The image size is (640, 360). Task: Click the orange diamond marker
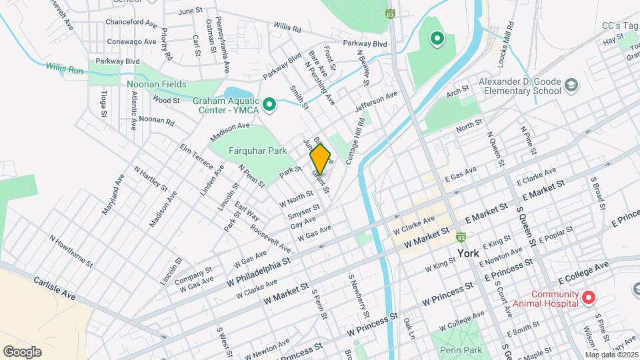pos(321,159)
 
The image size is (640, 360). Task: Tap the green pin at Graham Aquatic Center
pos(269,105)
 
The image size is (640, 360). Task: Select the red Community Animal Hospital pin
pos(589,297)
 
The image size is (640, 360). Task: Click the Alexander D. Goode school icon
pos(571,85)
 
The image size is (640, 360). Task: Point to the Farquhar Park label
pos(258,151)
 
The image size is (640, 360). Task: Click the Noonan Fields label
pos(157,84)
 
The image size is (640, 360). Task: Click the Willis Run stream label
pos(66,67)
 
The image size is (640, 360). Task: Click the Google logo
pos(22,351)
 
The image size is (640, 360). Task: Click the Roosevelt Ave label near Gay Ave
pos(271,237)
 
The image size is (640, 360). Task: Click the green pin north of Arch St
pos(437,39)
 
